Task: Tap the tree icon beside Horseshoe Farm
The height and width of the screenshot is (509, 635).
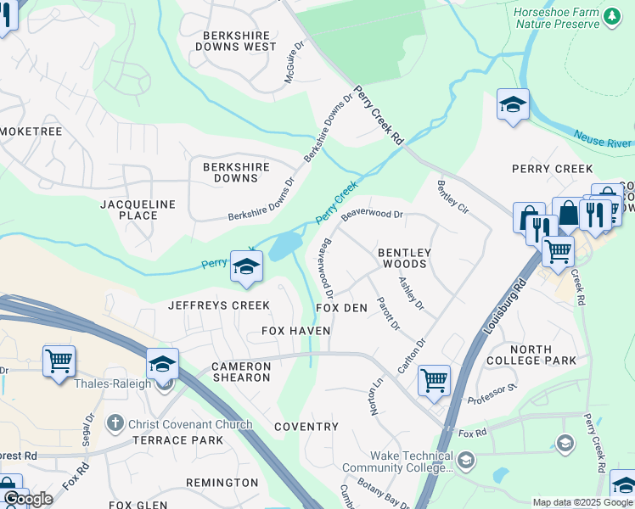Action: pyautogui.click(x=611, y=17)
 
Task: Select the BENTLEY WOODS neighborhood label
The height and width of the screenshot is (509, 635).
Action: pyautogui.click(x=404, y=259)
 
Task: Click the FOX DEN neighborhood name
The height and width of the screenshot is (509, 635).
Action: pyautogui.click(x=341, y=308)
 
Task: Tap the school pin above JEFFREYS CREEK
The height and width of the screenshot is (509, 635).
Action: pyautogui.click(x=246, y=268)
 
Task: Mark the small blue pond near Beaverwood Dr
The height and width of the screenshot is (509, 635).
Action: pyautogui.click(x=285, y=247)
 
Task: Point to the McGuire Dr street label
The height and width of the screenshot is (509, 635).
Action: pyautogui.click(x=294, y=67)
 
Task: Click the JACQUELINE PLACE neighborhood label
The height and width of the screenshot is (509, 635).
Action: pyautogui.click(x=138, y=210)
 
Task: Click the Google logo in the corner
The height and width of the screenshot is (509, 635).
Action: pyautogui.click(x=28, y=499)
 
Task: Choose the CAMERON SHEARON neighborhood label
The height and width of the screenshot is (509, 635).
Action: pyautogui.click(x=241, y=372)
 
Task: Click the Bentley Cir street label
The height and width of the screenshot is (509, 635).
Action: pyautogui.click(x=452, y=196)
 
